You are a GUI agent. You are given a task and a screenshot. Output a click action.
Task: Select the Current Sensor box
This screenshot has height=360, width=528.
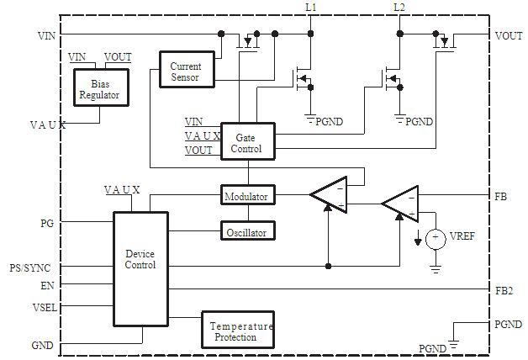[185, 71]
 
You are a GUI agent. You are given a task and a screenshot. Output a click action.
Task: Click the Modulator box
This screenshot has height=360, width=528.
[246, 197]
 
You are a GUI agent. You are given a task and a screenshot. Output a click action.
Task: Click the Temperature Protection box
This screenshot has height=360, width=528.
[241, 331]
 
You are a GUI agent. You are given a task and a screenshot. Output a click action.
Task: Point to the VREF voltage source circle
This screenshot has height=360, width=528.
[435, 239]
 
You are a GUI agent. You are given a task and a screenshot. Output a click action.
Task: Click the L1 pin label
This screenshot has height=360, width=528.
[311, 8]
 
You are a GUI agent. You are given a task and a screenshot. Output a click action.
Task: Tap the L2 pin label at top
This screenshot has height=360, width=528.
[399, 8]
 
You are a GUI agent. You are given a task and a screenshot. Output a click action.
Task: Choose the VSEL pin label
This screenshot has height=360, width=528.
[44, 307]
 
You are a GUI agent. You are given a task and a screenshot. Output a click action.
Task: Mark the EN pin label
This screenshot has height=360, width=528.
[47, 286]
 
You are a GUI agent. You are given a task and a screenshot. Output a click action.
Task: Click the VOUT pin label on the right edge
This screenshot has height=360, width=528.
[508, 36]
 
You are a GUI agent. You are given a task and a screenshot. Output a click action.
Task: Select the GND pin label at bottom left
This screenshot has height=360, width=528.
[43, 345]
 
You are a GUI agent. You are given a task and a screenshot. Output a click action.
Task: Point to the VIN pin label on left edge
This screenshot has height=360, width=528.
[47, 36]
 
